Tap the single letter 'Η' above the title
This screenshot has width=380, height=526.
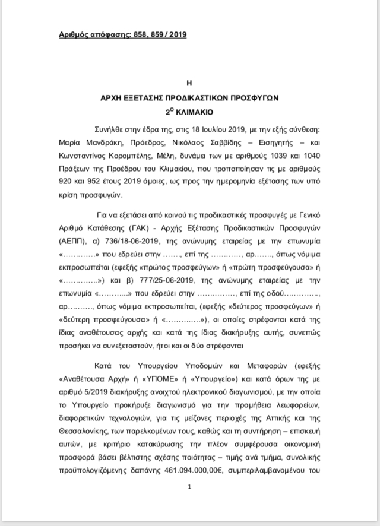tap(189, 83)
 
